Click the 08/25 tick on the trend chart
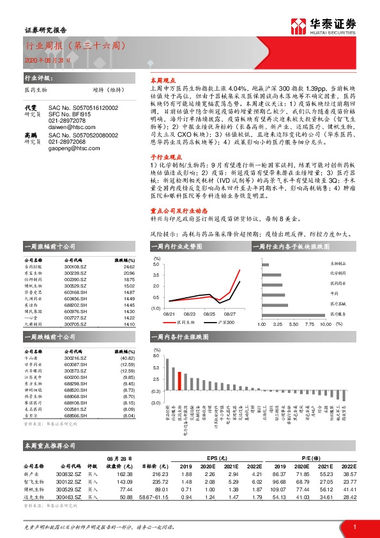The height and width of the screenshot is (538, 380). (x=209, y=314)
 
